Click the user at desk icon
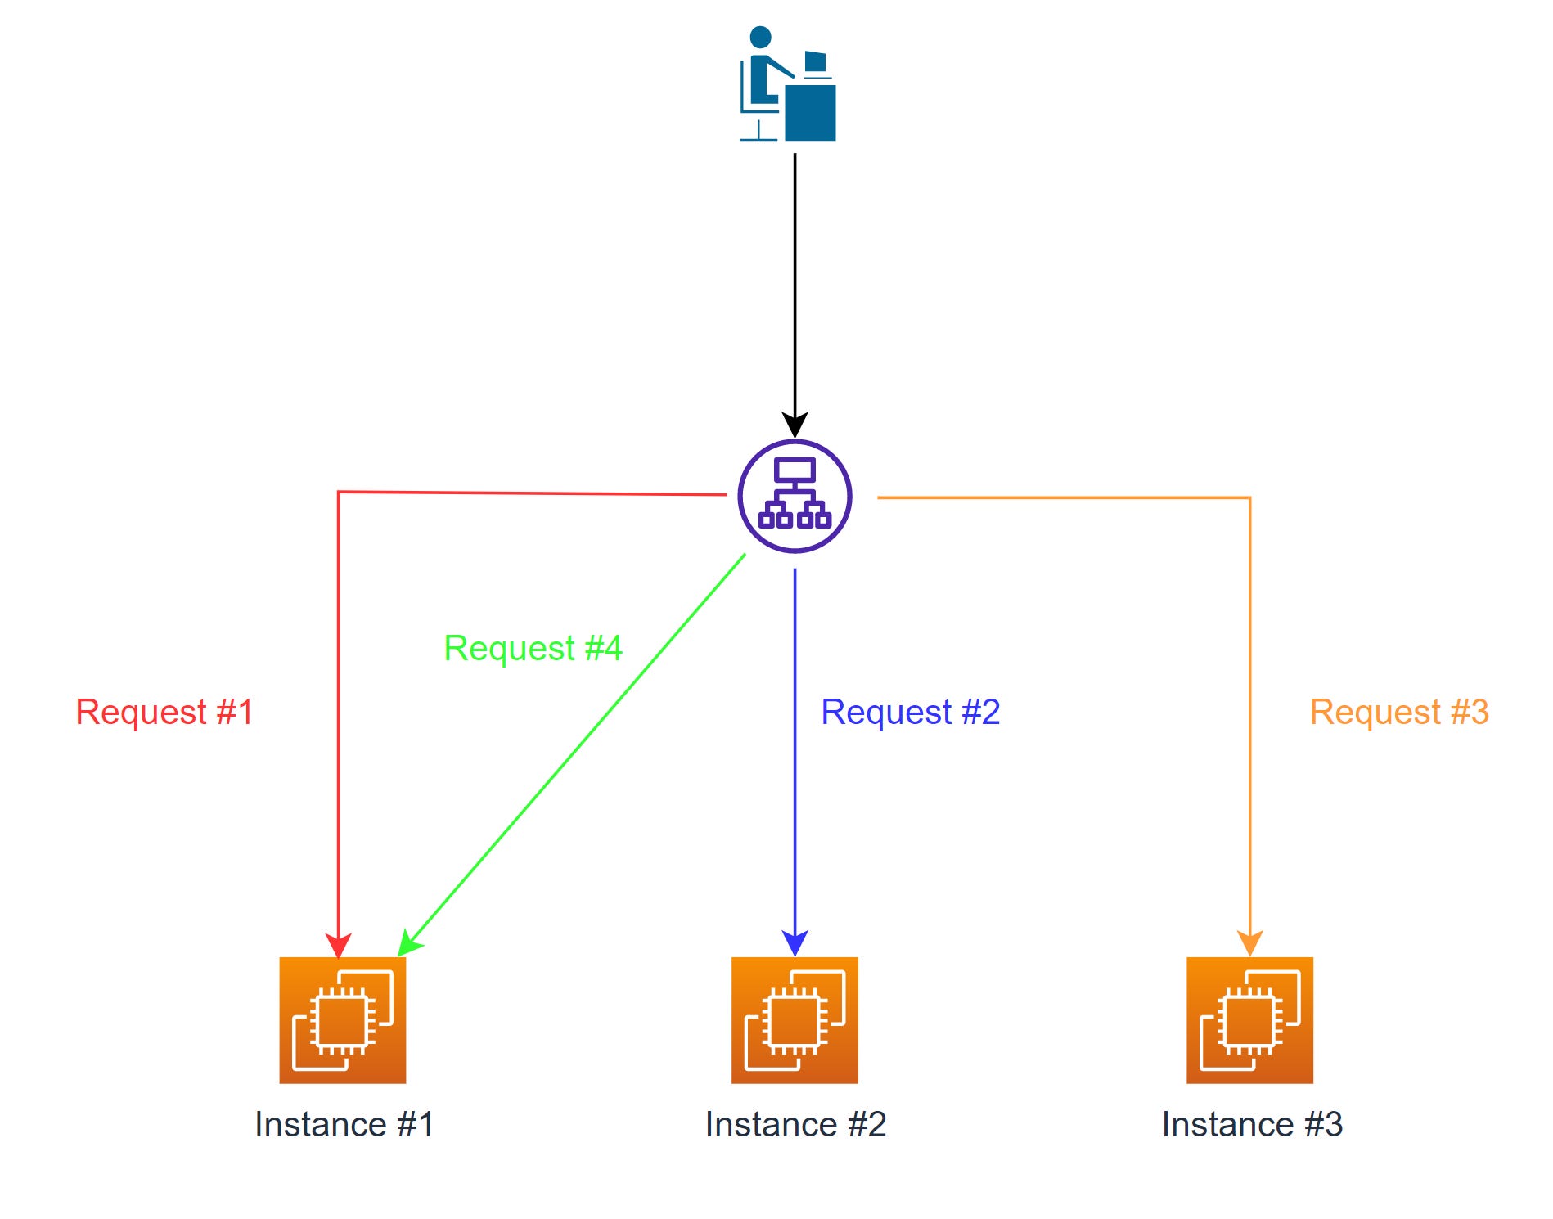[787, 84]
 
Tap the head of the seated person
[760, 37]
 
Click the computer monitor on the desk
[815, 62]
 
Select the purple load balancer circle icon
[795, 497]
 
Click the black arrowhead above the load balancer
[795, 424]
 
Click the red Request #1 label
[164, 712]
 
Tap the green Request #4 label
[533, 648]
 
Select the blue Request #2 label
[910, 712]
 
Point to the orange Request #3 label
[1399, 712]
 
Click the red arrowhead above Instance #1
[338, 944]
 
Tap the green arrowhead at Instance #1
[408, 943]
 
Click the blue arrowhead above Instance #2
[795, 942]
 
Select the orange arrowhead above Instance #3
[1249, 942]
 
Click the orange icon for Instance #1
[343, 1020]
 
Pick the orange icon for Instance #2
[795, 1020]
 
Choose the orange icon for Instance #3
[1249, 1020]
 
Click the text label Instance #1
[344, 1124]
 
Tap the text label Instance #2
[795, 1124]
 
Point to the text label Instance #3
[1252, 1124]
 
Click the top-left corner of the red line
[339, 493]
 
